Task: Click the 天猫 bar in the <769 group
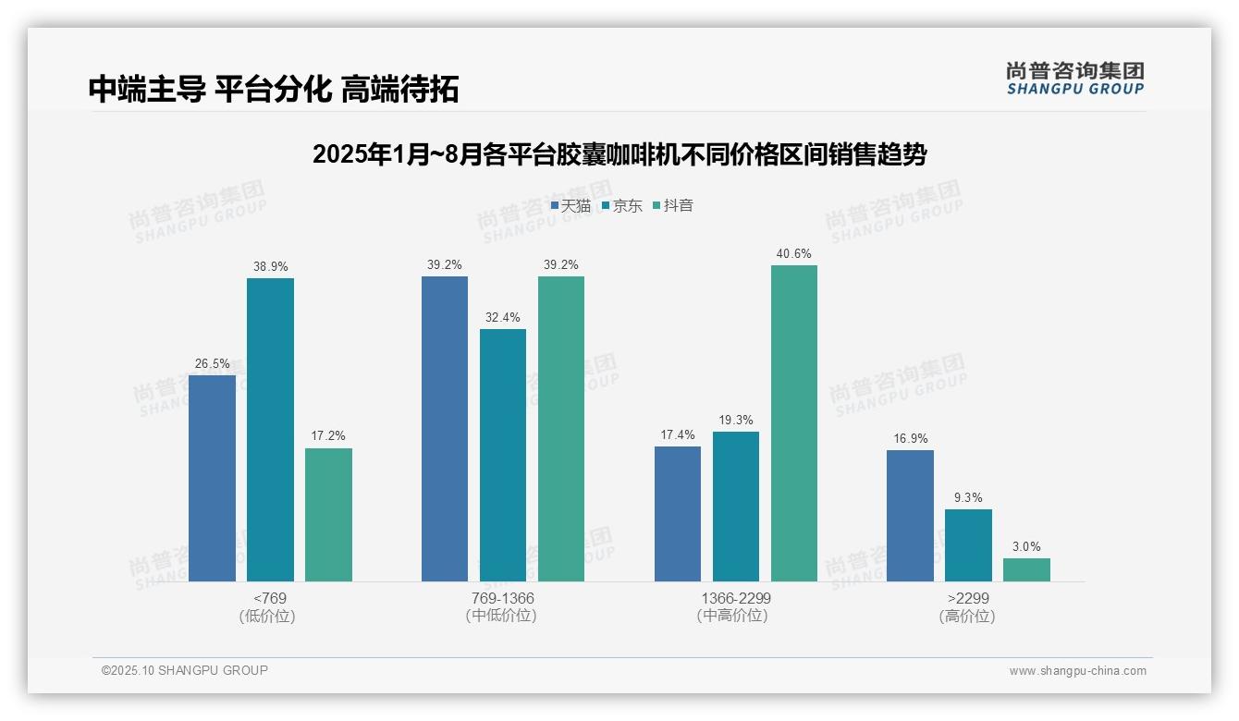point(212,478)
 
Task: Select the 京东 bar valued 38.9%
point(270,430)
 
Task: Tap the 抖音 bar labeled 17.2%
point(328,515)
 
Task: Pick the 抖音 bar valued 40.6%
point(794,423)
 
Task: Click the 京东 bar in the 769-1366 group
point(503,455)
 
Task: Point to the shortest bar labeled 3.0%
point(1026,569)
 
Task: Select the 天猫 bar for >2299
point(910,516)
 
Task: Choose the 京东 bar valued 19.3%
point(736,507)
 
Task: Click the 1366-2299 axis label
point(735,598)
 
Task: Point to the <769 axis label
point(269,598)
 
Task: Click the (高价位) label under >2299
point(967,617)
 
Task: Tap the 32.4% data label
point(502,318)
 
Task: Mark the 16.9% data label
point(910,439)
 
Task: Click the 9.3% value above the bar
point(968,498)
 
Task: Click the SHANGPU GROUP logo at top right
point(1074,79)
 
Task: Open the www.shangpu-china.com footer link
point(1077,671)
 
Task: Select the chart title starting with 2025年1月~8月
point(619,154)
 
